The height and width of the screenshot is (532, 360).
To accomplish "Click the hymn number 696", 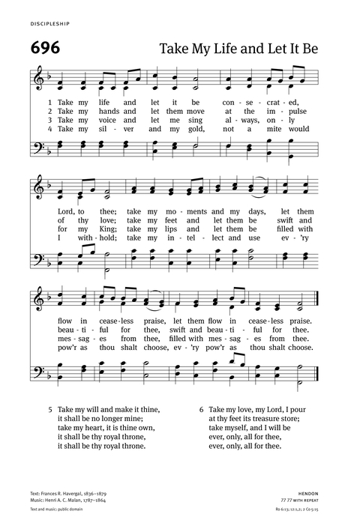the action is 49,46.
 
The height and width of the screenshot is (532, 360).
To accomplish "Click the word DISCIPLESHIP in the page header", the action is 51,24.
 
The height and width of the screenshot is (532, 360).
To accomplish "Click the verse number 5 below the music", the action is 49,410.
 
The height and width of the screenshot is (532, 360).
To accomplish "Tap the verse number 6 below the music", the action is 202,410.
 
